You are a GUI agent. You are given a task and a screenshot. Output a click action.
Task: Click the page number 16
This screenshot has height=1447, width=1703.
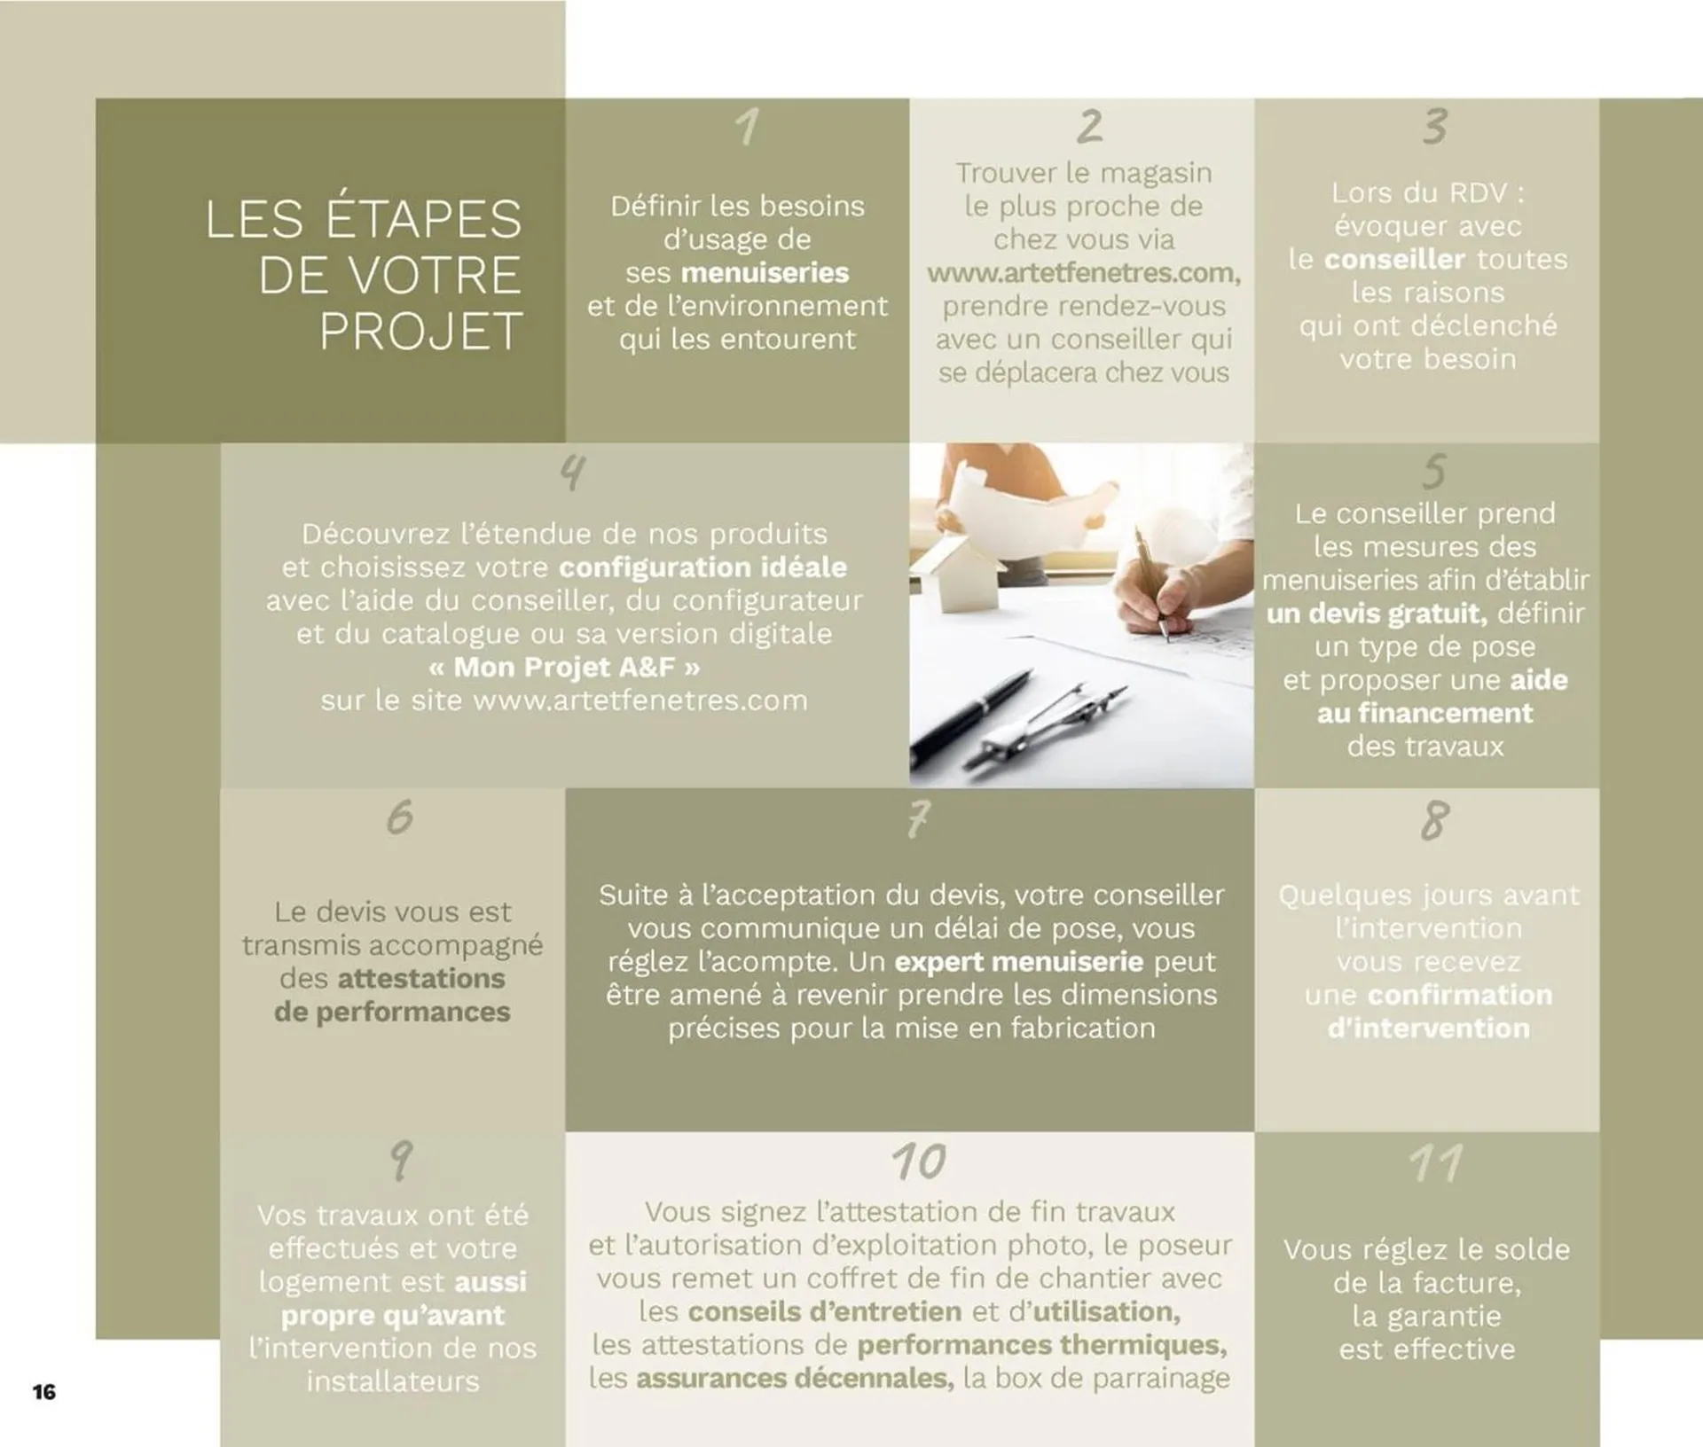[44, 1392]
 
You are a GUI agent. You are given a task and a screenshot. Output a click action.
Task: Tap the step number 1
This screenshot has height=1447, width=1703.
[748, 128]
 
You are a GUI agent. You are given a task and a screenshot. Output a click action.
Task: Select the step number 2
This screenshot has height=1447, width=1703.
[1089, 127]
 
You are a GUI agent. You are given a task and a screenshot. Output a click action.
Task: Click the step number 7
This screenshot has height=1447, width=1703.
[919, 818]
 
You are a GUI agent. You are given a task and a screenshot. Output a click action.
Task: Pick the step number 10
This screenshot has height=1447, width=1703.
[919, 1162]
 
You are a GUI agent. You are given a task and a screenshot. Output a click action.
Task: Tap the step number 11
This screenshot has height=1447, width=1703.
[1436, 1162]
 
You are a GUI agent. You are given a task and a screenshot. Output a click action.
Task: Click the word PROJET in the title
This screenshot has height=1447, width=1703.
[420, 332]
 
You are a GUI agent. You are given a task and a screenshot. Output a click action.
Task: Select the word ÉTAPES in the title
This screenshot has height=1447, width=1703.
[423, 219]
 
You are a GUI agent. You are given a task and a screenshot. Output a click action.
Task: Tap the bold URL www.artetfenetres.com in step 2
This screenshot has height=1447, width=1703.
[1083, 273]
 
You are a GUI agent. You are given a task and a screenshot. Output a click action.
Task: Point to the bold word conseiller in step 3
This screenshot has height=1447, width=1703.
[1394, 260]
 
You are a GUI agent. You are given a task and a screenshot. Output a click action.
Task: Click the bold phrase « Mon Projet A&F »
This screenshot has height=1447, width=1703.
[564, 667]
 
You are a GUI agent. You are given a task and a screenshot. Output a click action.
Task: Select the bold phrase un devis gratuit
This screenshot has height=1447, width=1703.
[1376, 614]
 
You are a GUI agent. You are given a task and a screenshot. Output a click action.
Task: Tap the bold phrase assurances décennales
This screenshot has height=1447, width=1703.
[795, 1379]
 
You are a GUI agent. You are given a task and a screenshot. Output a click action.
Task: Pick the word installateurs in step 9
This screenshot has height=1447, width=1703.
[393, 1381]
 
